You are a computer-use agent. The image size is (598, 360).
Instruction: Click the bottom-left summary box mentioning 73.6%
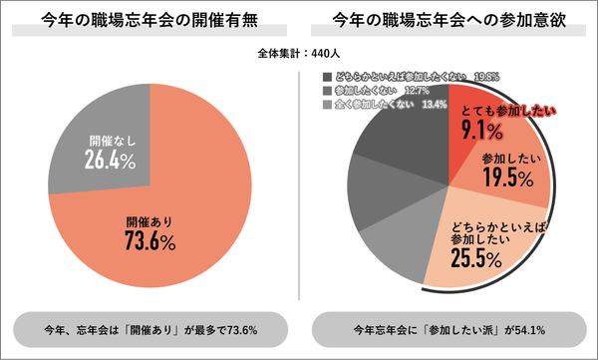[150, 329]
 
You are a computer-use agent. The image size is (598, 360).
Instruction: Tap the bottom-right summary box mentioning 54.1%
[448, 329]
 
